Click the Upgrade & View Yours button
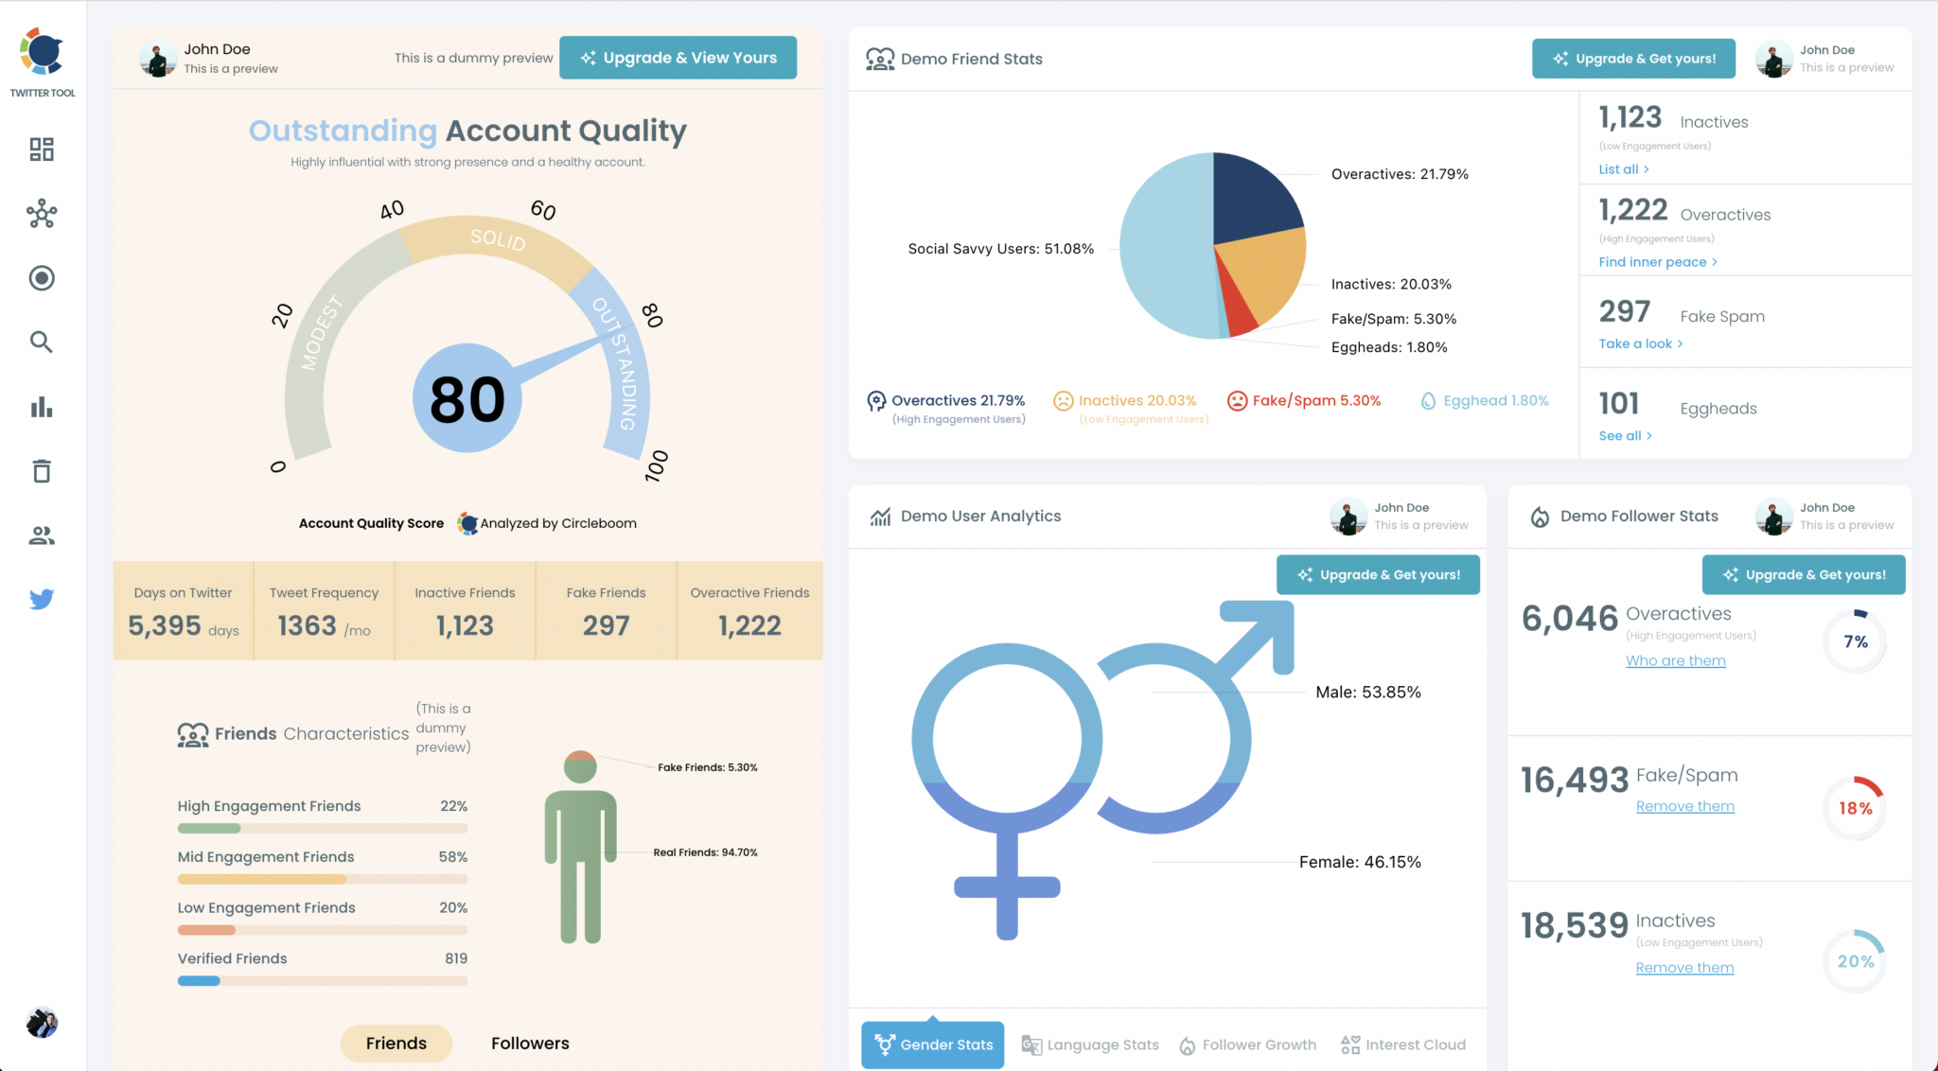678,58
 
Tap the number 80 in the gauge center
467,399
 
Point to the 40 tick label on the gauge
392,209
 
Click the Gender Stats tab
933,1045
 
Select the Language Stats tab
1091,1045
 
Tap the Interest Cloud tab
1403,1045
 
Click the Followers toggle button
530,1043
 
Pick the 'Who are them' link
1675,660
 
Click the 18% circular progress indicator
1855,808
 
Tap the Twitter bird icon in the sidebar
42,599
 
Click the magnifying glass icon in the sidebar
41,342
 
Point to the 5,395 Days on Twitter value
165,625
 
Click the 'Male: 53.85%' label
1367,692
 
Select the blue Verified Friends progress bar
199,981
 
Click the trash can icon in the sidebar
42,470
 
